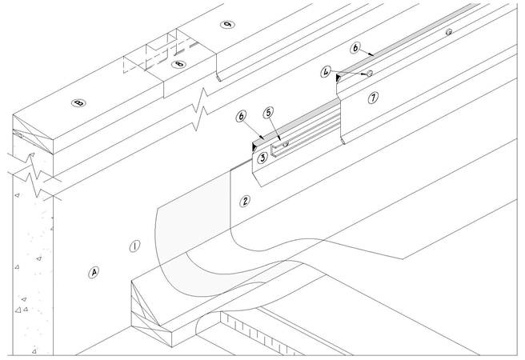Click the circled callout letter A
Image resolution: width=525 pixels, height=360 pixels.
(x=94, y=273)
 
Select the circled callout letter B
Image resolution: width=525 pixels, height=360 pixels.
(x=78, y=102)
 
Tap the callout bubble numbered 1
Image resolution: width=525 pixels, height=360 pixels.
(x=135, y=246)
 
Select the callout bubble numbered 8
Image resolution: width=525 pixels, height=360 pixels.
(x=178, y=62)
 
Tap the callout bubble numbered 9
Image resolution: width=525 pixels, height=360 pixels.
(x=229, y=26)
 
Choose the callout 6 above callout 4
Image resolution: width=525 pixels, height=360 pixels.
(x=355, y=48)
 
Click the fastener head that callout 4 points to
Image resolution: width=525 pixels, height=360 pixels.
(x=370, y=74)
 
